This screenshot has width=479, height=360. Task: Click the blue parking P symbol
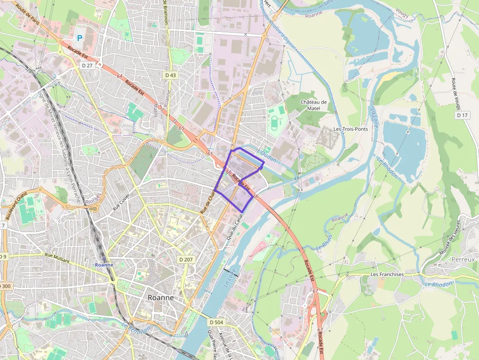(79, 38)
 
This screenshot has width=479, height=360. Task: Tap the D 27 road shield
(87, 65)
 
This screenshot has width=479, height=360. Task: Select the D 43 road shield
(171, 75)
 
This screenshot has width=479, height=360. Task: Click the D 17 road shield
(462, 115)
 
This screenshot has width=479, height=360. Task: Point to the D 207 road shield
(186, 259)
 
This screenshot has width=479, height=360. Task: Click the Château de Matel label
(313, 105)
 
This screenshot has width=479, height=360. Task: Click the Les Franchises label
(387, 275)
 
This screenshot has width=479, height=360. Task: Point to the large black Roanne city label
(161, 297)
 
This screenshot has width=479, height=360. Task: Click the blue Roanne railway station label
(104, 265)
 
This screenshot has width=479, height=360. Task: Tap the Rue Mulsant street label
(57, 257)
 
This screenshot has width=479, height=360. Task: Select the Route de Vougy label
(460, 93)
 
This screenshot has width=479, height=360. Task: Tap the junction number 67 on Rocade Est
(315, 291)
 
